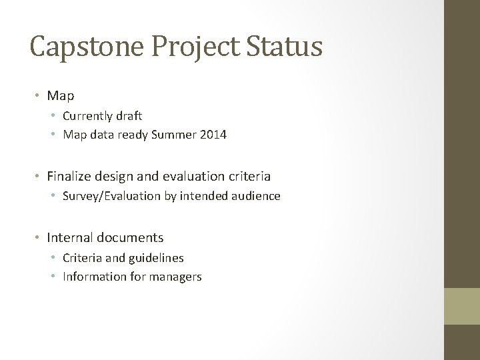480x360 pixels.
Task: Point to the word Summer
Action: pyautogui.click(x=173, y=135)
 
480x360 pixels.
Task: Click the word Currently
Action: pyautogui.click(x=89, y=116)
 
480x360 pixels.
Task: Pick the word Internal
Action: pyautogui.click(x=70, y=237)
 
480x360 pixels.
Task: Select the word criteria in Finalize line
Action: pyautogui.click(x=249, y=177)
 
